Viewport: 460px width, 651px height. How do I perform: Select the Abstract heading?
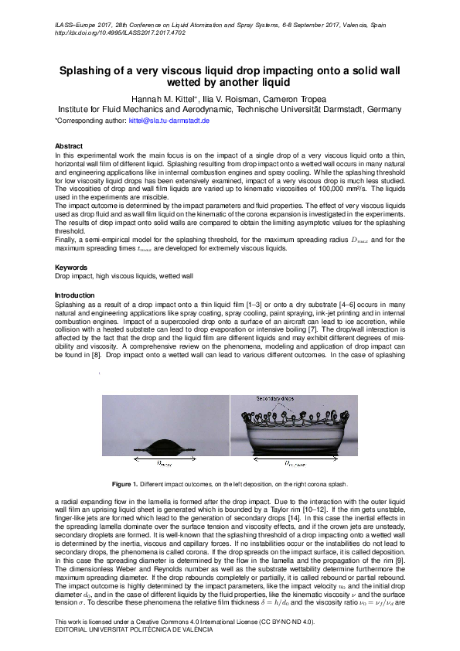coord(69,145)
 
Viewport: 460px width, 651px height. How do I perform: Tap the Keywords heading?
coord(71,267)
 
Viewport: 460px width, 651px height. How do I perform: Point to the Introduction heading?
coord(76,295)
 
